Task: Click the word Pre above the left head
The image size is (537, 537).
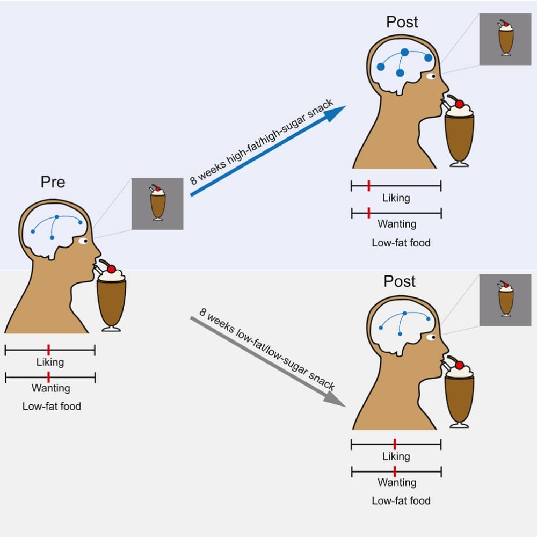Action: point(53,182)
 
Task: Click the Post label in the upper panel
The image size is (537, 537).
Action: point(402,22)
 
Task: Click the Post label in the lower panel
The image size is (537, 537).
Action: point(400,281)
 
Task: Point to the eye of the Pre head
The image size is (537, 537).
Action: point(83,241)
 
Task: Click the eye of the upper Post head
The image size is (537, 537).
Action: point(431,77)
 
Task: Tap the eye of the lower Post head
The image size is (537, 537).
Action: point(431,338)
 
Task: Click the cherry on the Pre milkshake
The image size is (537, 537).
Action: point(112,268)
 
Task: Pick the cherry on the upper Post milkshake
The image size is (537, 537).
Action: point(460,104)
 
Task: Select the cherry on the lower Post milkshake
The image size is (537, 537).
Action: point(459,365)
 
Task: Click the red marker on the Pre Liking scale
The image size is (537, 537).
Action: point(48,351)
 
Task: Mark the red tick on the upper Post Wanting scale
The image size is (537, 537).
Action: point(368,213)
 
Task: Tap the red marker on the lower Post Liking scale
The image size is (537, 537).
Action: point(395,444)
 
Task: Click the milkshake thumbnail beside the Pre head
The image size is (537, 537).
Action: point(157,204)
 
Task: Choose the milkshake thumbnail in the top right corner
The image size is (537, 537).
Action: point(505,39)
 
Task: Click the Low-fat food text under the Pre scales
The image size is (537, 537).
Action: point(52,407)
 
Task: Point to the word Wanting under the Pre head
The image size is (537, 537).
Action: point(51,388)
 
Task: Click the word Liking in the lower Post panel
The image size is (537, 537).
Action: point(396,456)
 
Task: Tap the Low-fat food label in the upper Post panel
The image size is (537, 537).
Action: point(401,243)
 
